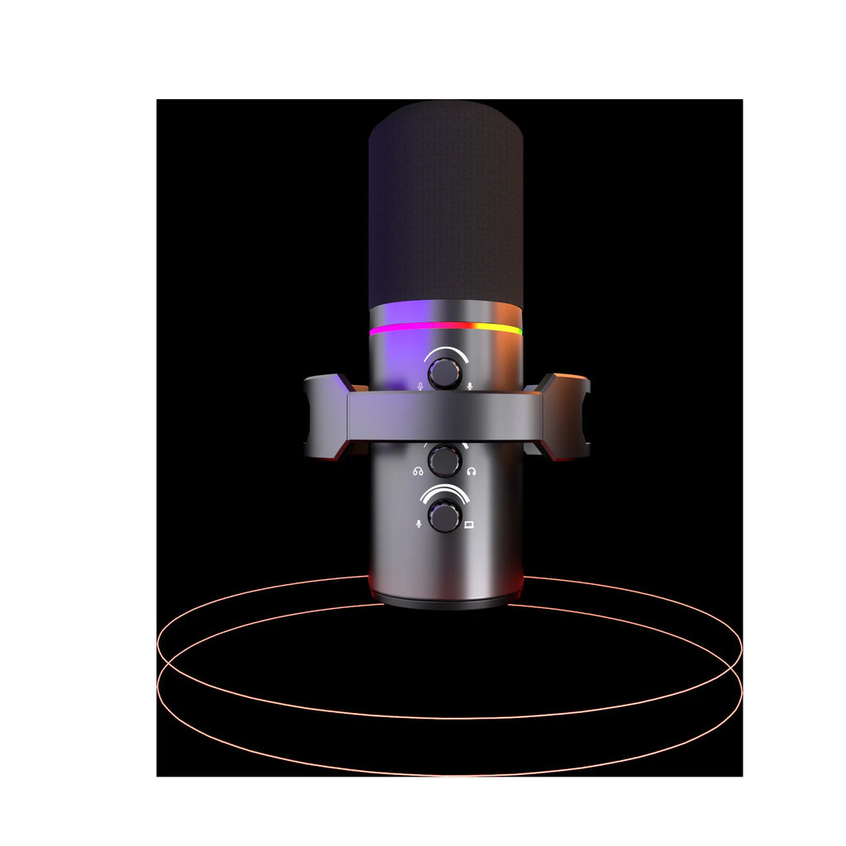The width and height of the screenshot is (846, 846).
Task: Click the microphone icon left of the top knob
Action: click(x=420, y=385)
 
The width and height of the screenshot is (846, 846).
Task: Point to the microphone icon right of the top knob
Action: click(x=469, y=385)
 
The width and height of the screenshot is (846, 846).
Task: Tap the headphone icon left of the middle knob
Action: click(x=419, y=472)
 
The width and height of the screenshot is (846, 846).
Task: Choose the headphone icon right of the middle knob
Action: click(x=470, y=472)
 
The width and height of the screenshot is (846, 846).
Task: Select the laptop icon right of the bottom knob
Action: click(x=469, y=524)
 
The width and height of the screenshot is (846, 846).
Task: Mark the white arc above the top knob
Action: click(x=445, y=352)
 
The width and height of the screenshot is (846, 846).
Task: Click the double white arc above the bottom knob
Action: click(x=445, y=492)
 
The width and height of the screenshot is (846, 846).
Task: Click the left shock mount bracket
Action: click(x=326, y=417)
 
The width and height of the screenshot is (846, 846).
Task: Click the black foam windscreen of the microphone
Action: click(x=445, y=207)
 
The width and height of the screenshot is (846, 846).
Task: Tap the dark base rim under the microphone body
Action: click(x=445, y=601)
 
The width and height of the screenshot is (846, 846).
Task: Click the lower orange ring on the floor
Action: click(x=449, y=773)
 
